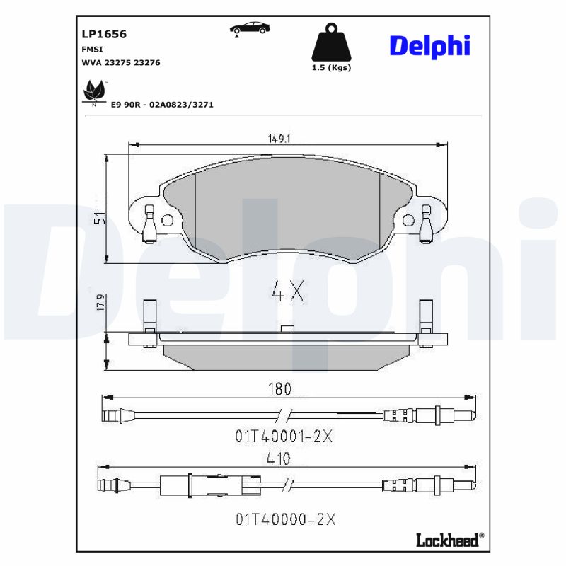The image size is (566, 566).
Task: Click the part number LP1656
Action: pos(105,33)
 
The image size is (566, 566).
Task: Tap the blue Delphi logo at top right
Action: pos(429,46)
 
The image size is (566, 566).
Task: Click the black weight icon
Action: pos(330,43)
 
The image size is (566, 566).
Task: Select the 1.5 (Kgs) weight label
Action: pos(331,68)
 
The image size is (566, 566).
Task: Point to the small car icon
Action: pos(249,28)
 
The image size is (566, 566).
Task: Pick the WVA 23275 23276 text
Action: pos(122,62)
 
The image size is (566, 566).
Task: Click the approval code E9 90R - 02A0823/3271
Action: pos(162,104)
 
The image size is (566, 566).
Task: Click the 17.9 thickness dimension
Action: pos(100,302)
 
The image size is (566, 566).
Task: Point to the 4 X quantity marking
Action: pos(287,291)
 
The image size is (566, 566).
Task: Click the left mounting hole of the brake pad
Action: pos(167,220)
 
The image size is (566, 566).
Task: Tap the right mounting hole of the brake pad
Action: pos(408,221)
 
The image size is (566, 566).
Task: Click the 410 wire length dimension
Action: pos(279,459)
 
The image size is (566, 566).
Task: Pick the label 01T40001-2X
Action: pos(283,437)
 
